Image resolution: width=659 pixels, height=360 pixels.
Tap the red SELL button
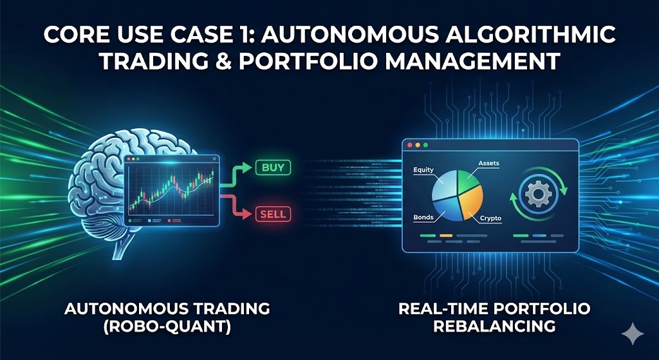273,213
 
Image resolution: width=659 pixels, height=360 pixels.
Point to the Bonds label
423,217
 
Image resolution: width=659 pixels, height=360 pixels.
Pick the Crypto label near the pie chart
490,219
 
